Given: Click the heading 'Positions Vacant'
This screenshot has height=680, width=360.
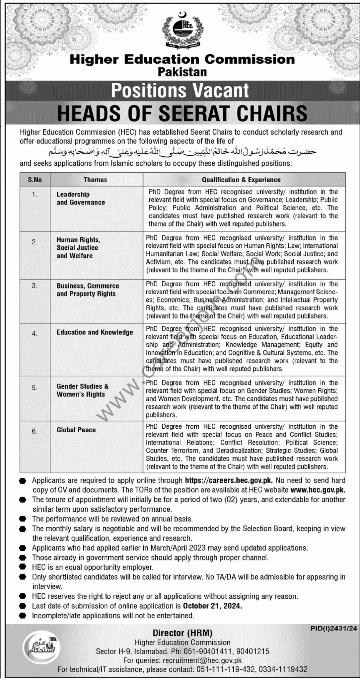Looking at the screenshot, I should tap(180, 91).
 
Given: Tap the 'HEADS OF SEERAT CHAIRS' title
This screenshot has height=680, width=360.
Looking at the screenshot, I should tap(182, 113).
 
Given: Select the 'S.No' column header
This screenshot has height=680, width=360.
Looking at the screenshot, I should tap(35, 180).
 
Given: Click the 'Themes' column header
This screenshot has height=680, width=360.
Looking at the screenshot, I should tap(95, 180).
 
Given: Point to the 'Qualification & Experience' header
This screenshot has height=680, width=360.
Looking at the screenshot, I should tap(241, 180).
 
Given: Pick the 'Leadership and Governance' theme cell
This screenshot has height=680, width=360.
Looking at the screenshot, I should tap(81, 199).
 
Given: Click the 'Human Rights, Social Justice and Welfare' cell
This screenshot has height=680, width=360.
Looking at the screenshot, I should tap(78, 248).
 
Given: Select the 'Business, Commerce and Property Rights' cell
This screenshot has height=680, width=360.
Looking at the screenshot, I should tap(88, 290).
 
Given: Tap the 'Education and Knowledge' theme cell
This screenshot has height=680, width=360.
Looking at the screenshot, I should tap(95, 332).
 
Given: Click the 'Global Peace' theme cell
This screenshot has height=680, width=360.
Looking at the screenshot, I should tap(76, 430).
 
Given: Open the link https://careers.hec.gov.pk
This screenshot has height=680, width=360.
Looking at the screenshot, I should tap(229, 480).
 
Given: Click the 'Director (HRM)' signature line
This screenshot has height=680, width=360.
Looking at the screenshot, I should tap(182, 633).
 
